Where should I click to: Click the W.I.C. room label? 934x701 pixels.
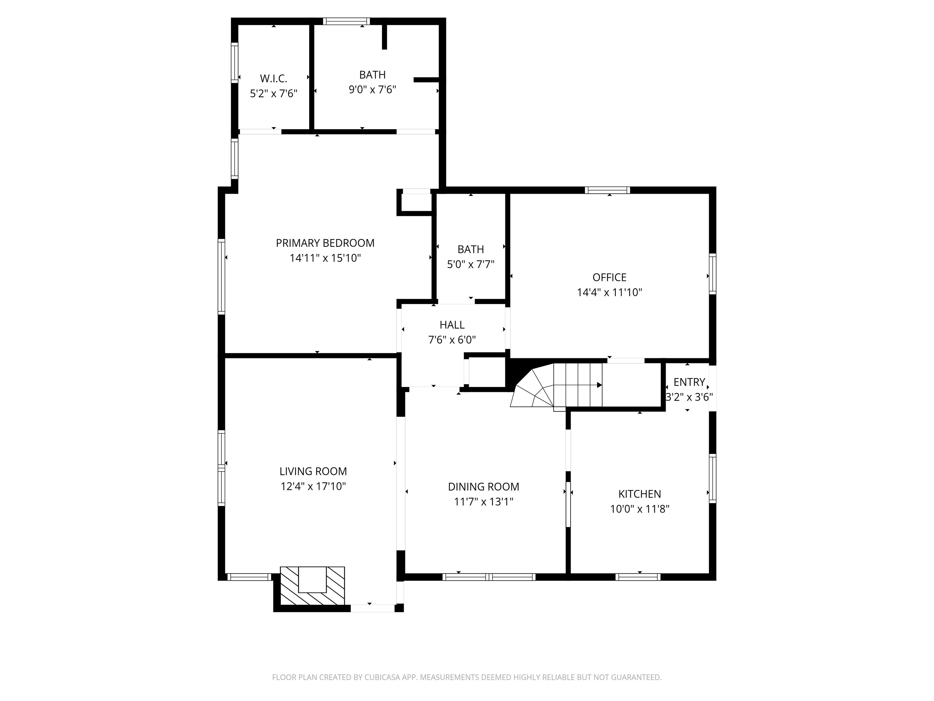click(274, 78)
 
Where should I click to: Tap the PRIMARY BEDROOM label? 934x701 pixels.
click(325, 243)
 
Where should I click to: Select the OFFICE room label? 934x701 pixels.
click(609, 277)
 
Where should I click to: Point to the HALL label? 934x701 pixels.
click(452, 325)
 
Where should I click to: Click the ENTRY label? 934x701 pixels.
click(689, 382)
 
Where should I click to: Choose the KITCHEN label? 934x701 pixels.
click(640, 494)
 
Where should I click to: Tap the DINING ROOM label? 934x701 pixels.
click(483, 487)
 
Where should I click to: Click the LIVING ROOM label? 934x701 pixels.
click(313, 471)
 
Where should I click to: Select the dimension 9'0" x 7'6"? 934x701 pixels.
click(372, 89)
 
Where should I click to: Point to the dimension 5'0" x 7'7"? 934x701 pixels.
click(471, 264)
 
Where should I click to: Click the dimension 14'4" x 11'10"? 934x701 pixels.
click(610, 292)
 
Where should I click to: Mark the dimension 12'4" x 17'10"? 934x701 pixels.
click(313, 486)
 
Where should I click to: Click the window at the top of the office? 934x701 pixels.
click(607, 190)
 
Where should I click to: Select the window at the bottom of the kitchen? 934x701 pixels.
click(638, 577)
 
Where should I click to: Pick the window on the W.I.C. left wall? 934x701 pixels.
click(234, 63)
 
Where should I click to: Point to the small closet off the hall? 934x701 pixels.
click(486, 372)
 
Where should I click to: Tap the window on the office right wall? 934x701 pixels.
click(713, 274)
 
